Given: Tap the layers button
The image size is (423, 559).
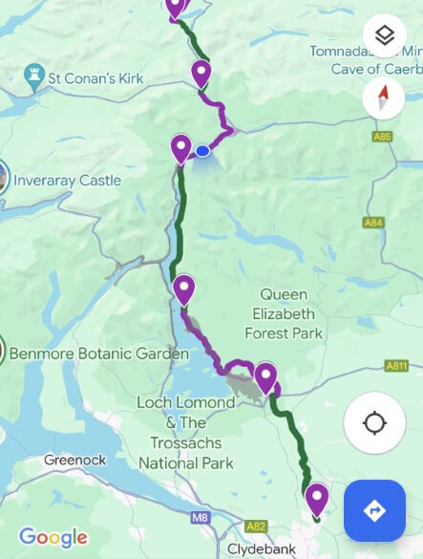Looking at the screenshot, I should [x=384, y=36].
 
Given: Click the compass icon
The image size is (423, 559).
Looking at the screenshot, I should [x=384, y=97].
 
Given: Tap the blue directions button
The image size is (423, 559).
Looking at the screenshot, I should [x=374, y=510].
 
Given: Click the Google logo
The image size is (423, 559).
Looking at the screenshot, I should [x=53, y=538].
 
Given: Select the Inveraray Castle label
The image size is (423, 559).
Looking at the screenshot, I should [x=66, y=181].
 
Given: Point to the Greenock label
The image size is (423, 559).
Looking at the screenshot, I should [x=74, y=460].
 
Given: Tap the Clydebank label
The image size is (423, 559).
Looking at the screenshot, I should [x=260, y=549].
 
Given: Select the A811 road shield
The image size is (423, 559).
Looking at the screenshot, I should [x=396, y=365].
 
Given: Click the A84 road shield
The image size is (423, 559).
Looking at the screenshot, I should [x=373, y=223].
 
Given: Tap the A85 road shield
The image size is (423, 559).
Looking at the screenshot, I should [x=383, y=137].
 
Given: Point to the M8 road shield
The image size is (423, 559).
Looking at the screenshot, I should [x=199, y=518].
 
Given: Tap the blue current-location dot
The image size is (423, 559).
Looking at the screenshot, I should [x=202, y=151].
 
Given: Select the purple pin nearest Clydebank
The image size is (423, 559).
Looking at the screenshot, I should [x=316, y=498].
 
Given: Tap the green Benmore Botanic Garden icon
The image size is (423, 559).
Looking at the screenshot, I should [x=3, y=350].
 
